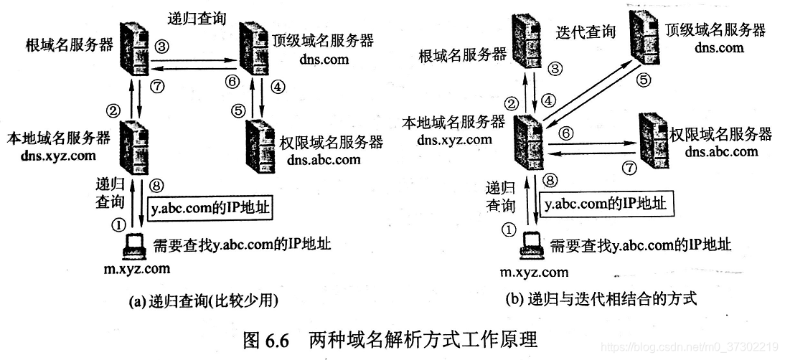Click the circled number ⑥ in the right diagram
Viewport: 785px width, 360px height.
(x=566, y=133)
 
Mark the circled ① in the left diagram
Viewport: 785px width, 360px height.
(x=119, y=224)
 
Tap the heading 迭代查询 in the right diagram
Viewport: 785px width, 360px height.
(x=586, y=32)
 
